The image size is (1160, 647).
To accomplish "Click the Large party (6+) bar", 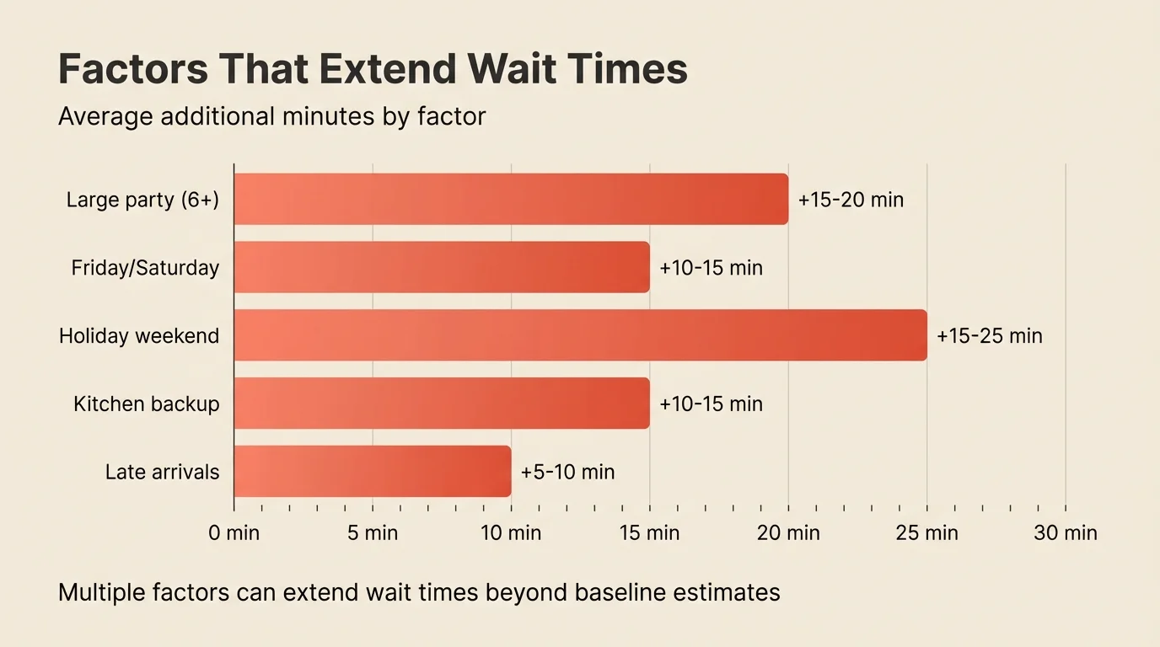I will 511,200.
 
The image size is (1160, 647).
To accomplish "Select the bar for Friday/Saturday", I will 442,267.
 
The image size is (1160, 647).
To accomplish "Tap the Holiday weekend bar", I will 580,335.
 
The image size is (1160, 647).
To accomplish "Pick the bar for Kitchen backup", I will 442,403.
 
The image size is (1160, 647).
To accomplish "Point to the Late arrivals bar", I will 372,471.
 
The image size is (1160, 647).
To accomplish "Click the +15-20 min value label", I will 850,201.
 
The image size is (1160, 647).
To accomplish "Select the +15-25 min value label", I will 989,336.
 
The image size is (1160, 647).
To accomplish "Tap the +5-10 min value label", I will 567,472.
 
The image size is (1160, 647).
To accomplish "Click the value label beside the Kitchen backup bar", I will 711,404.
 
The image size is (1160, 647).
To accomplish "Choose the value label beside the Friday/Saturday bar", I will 711,268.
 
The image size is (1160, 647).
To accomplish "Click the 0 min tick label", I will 234,533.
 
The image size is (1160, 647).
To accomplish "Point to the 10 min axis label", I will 511,533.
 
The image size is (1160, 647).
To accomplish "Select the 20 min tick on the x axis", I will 788,533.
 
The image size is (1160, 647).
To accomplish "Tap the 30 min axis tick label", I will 1066,533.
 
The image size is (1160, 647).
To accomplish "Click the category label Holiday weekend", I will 139,336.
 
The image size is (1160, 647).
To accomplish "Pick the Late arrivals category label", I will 162,472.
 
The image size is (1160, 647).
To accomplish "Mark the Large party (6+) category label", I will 142,201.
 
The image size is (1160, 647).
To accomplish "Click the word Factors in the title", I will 133,69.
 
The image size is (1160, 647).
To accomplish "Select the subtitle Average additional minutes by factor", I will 271,116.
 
